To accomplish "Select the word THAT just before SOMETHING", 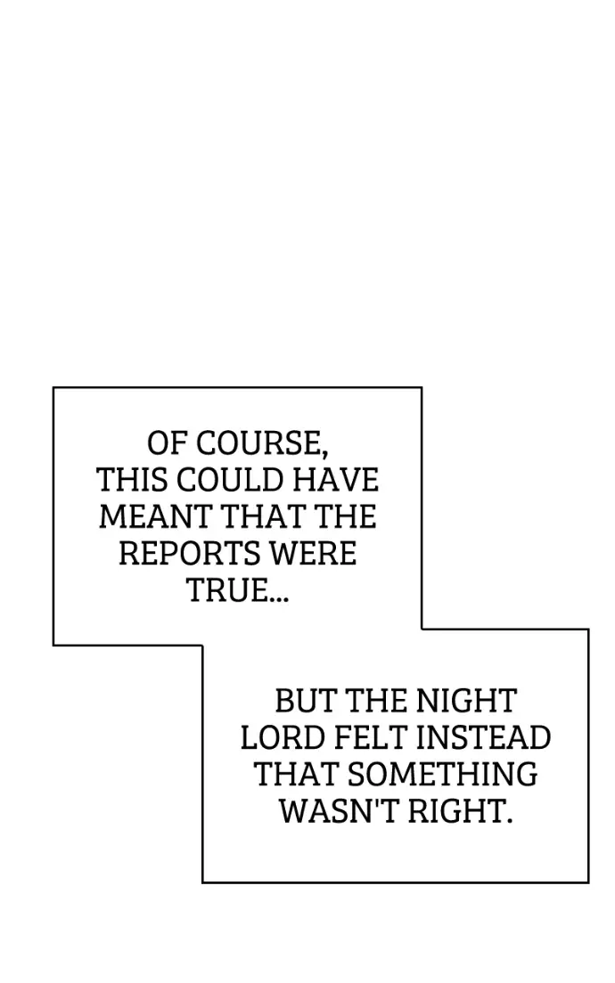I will [297, 775].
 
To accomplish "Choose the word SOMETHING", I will [443, 775].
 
